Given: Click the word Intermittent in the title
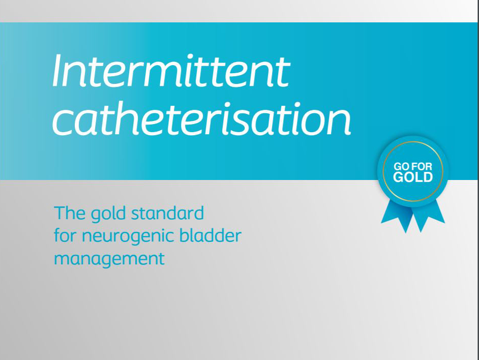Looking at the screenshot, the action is [171, 71].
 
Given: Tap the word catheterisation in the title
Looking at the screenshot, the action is [202, 118].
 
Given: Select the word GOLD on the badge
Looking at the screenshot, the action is [413, 177].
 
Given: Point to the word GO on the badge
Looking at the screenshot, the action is [401, 167].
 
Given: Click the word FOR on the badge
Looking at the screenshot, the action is [422, 167].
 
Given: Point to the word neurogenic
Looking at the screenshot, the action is [128, 237].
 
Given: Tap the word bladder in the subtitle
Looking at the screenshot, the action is [211, 235].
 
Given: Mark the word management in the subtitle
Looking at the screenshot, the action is [109, 259].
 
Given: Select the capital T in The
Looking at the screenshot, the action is [60, 213].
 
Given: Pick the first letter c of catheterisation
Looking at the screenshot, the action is [62, 123].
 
